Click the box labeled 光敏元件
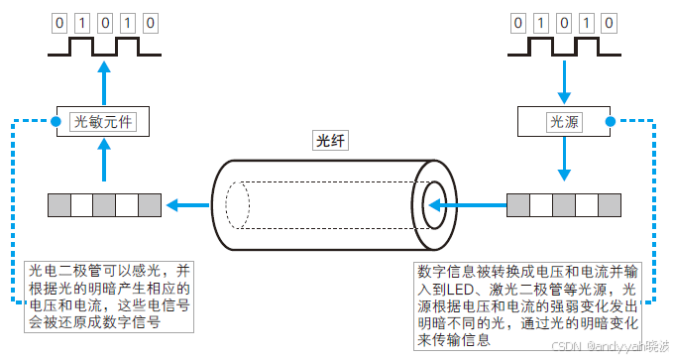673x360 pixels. tap(103, 122)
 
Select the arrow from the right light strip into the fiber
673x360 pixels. tap(467, 206)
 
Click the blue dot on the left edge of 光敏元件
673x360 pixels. tap(56, 122)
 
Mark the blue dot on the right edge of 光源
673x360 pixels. tap(611, 122)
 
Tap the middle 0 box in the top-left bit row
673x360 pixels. tap(103, 21)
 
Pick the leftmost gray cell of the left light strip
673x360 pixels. tap(58, 206)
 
